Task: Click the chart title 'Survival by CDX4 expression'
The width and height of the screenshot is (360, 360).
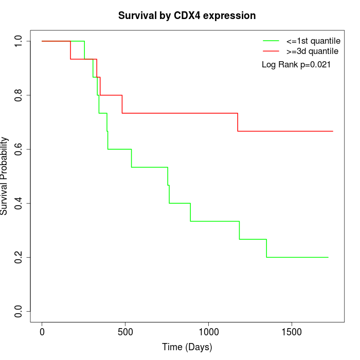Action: tap(187, 16)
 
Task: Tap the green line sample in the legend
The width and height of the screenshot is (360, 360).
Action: tap(271, 41)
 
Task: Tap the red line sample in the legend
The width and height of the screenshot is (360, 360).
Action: tap(271, 51)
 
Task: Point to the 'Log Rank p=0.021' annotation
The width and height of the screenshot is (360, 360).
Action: tap(296, 65)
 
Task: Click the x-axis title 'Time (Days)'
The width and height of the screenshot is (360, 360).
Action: tap(187, 347)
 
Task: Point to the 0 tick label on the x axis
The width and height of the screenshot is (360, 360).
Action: tap(42, 331)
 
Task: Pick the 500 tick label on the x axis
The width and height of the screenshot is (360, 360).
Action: tap(125, 331)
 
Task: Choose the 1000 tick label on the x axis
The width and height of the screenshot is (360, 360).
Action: tap(208, 331)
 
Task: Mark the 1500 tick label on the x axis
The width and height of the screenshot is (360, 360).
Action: tap(292, 331)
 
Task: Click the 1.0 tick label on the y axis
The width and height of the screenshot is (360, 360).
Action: tap(19, 41)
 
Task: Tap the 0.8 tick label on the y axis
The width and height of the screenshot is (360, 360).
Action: tap(19, 95)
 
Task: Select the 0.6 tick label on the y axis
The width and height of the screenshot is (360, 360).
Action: tap(19, 149)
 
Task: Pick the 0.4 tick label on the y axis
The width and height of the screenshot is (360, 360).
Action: tap(19, 203)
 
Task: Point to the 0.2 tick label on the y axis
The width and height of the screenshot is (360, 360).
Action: tap(19, 257)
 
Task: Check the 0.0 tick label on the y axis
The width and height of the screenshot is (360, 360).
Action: tap(19, 311)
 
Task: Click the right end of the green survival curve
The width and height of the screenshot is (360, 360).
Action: tap(328, 257)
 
